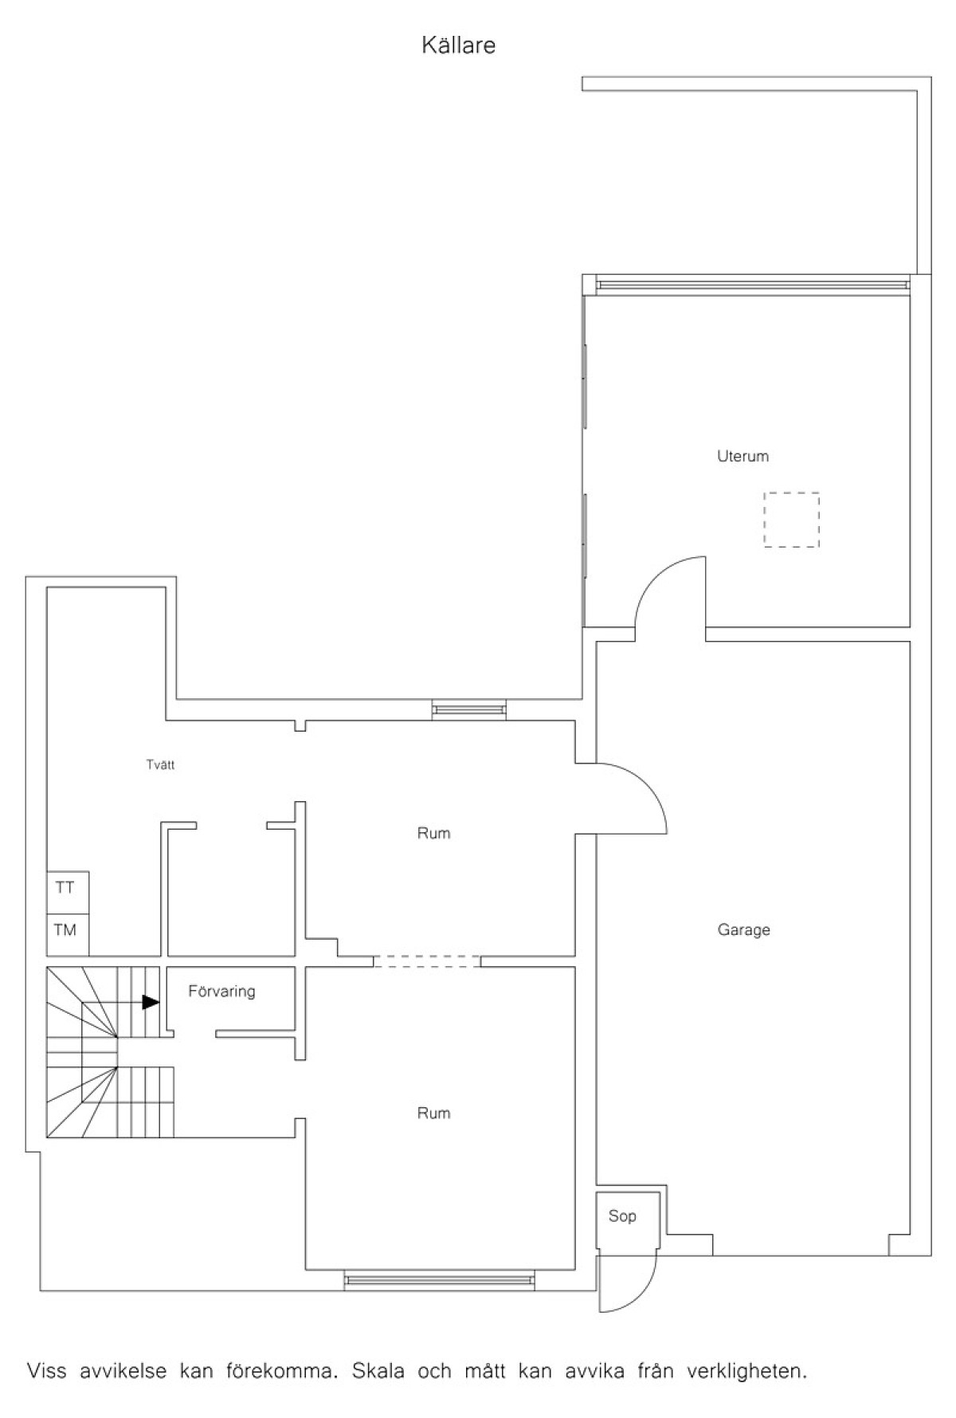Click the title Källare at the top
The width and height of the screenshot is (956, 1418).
(458, 45)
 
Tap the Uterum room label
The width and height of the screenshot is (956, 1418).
(742, 457)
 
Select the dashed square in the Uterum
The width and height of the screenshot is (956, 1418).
(791, 520)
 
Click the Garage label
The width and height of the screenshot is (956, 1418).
(743, 929)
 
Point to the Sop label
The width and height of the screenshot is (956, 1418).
(622, 1216)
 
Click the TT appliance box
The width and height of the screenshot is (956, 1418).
(68, 893)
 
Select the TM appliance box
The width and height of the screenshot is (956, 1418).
(68, 934)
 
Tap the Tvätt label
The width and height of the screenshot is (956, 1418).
(160, 765)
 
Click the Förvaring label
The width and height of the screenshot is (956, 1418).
(221, 992)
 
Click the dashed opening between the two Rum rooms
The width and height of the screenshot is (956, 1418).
(427, 961)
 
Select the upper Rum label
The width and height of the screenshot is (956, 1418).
(433, 834)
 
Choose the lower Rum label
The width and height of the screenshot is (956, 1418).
(433, 1114)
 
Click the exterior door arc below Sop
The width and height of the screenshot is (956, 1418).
(644, 1293)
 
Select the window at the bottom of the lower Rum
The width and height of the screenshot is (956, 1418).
(440, 1280)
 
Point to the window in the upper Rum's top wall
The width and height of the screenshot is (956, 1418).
(468, 710)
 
